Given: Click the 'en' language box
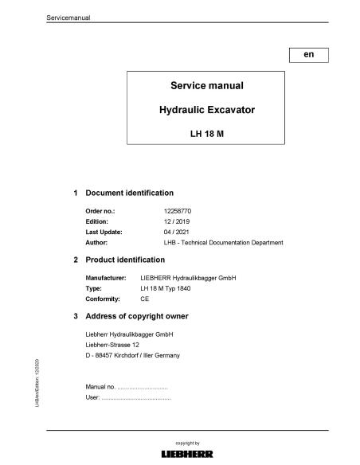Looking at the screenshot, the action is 309,55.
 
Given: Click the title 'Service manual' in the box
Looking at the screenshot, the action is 206,85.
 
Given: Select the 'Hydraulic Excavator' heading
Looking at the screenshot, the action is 206,111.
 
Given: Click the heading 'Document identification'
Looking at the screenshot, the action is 129,193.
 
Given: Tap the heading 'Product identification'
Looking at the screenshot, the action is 125,260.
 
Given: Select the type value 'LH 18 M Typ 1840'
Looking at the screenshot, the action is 166,288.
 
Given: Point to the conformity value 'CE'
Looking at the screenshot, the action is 144,299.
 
